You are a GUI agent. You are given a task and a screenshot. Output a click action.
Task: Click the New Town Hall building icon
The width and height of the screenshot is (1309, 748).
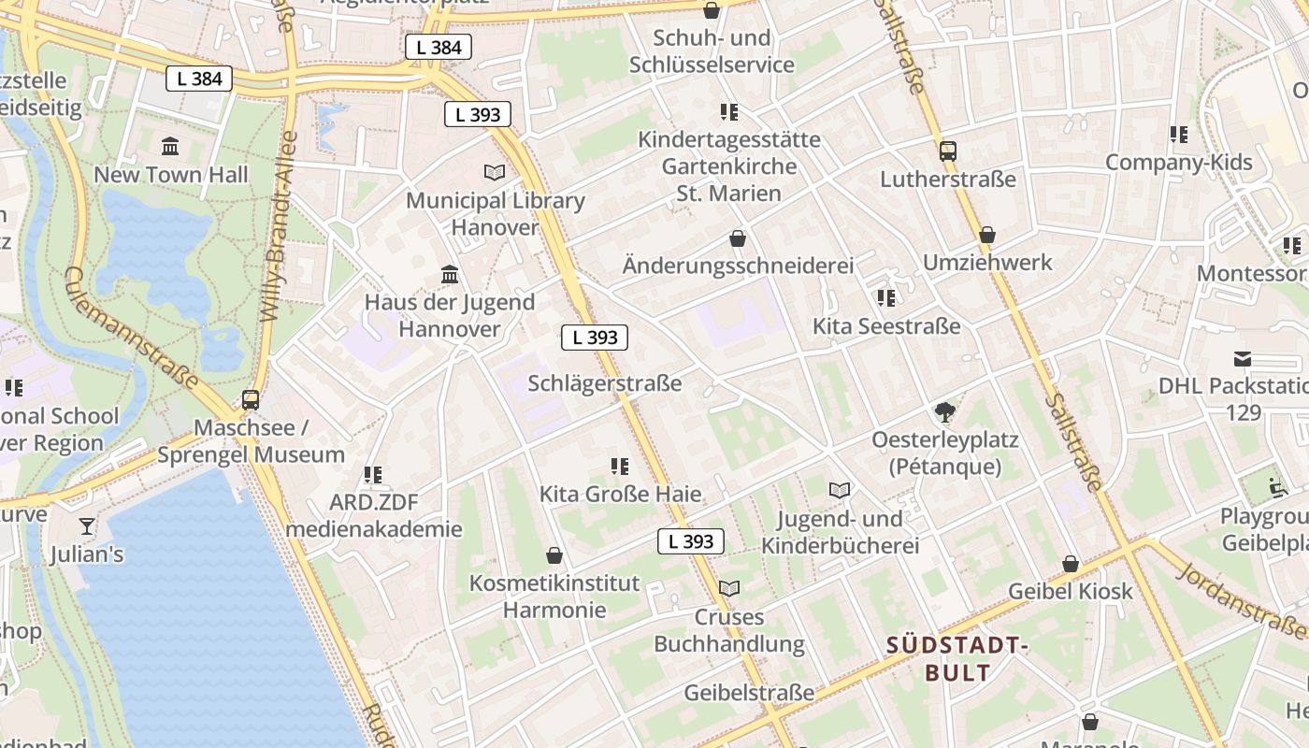(170, 147)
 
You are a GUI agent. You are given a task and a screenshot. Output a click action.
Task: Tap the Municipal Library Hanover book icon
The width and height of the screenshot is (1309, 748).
(494, 172)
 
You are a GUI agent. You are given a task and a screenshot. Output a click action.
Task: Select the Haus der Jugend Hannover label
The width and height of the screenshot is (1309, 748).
(450, 315)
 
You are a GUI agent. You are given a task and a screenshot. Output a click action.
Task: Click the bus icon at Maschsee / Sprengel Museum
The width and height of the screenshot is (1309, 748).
(251, 400)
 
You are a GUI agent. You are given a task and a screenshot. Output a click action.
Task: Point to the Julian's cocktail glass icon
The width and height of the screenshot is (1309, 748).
(87, 526)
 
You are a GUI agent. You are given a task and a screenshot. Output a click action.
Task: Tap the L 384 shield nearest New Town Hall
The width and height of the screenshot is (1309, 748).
(199, 79)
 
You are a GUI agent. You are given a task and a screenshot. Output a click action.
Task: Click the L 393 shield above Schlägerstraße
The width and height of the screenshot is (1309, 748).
(595, 338)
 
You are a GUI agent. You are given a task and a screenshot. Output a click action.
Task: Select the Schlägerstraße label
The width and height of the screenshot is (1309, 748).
(605, 383)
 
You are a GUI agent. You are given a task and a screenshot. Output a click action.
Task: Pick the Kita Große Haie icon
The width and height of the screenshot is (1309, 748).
(619, 466)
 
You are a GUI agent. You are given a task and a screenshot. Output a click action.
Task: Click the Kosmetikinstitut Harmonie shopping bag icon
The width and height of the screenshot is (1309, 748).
(554, 555)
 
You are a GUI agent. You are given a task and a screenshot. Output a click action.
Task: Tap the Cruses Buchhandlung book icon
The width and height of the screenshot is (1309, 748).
(728, 589)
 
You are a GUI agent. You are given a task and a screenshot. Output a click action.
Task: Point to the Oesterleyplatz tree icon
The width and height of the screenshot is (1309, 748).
(945, 411)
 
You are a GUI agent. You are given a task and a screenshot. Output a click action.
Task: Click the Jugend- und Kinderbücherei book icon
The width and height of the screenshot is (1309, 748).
(840, 490)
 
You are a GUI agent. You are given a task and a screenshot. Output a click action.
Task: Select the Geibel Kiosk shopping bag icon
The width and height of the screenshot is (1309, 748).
(1071, 564)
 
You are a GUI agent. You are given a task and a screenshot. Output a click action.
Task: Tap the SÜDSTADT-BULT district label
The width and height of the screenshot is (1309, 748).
(957, 658)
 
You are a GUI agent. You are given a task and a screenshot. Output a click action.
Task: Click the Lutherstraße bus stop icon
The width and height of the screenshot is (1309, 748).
(948, 151)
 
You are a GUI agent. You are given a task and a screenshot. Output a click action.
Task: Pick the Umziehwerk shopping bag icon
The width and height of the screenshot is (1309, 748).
(987, 235)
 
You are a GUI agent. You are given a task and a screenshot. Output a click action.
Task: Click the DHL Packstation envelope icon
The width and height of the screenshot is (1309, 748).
(1243, 358)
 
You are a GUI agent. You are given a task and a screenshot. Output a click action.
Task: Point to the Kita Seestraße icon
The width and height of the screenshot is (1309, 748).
(885, 298)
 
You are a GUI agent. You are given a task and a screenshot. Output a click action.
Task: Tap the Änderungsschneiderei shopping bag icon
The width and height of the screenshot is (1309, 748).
(738, 238)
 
